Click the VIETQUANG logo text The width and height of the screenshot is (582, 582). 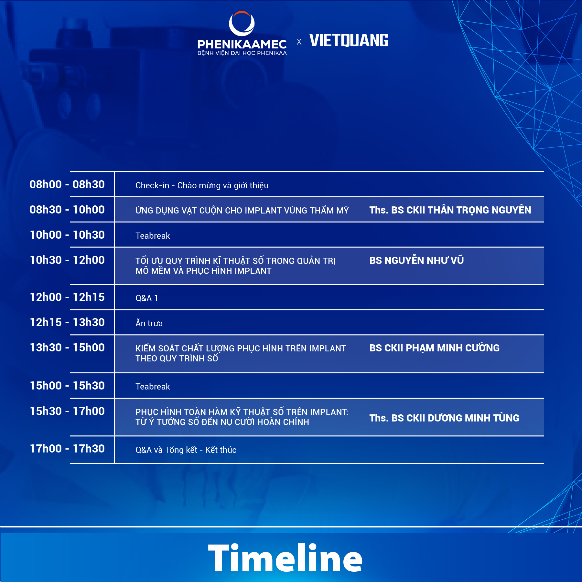349,40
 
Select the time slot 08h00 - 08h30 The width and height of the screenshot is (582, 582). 67,184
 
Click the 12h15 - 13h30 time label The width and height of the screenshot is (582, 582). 67,322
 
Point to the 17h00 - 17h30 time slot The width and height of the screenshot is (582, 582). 67,449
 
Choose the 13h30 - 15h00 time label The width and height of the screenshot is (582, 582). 67,348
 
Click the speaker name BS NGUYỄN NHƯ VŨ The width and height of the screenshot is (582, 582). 416,260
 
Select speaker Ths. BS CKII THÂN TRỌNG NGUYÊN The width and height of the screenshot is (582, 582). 450,210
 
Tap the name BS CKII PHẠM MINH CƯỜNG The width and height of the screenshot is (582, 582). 434,348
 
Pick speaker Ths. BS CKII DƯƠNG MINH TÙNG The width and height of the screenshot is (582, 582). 444,418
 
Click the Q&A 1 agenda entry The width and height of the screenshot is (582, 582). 146,298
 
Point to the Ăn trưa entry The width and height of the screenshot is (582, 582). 149,323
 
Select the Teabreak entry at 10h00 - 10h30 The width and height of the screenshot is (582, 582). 153,236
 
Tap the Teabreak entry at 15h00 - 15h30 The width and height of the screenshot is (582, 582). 153,387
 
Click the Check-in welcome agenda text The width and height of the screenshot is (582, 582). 202,185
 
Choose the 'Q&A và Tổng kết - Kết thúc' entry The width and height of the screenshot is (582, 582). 186,450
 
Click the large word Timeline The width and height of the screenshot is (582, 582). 285,558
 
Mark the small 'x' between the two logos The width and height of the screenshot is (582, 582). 299,42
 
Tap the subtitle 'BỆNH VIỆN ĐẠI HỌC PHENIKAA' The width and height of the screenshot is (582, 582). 242,53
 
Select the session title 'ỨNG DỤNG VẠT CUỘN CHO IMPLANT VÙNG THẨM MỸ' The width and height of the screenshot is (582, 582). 242,210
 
